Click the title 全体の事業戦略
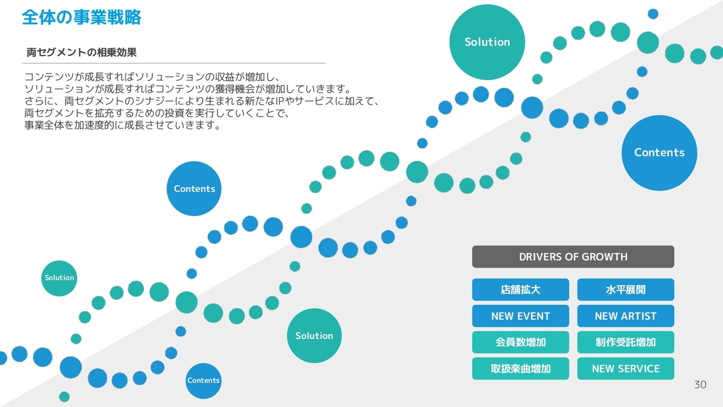click(x=81, y=18)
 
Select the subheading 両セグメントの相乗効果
click(x=81, y=53)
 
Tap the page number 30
click(x=700, y=385)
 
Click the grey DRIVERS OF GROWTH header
click(x=573, y=257)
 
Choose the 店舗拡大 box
click(x=520, y=290)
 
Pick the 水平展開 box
click(x=625, y=290)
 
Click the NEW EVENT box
click(x=520, y=316)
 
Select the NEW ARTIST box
click(x=625, y=316)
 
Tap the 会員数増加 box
click(x=520, y=343)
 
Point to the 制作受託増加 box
click(x=625, y=343)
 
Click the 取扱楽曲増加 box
click(x=520, y=369)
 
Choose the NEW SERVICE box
click(x=625, y=369)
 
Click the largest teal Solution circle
click(x=487, y=42)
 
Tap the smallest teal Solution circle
click(x=59, y=278)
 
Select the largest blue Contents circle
click(x=659, y=153)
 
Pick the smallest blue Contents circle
click(x=203, y=380)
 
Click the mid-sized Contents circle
click(x=194, y=189)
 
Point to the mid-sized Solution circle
click(x=314, y=336)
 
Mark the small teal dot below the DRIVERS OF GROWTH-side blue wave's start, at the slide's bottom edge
click(x=64, y=397)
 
